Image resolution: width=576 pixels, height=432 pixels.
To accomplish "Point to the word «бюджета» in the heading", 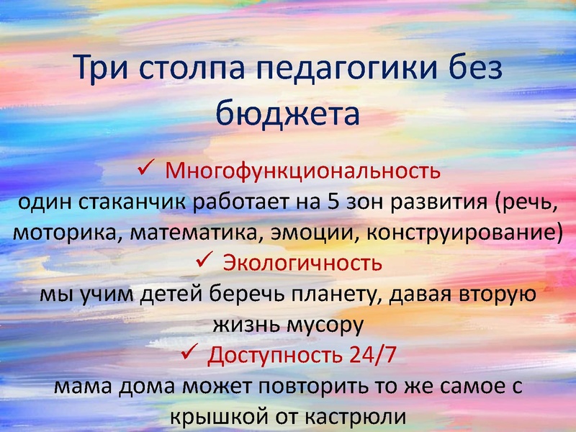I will [287, 114].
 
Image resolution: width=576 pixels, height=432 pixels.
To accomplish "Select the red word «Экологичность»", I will [302, 263].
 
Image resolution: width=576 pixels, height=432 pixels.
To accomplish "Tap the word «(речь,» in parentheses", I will [526, 202].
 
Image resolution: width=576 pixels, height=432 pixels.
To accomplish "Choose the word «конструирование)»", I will [469, 233].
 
